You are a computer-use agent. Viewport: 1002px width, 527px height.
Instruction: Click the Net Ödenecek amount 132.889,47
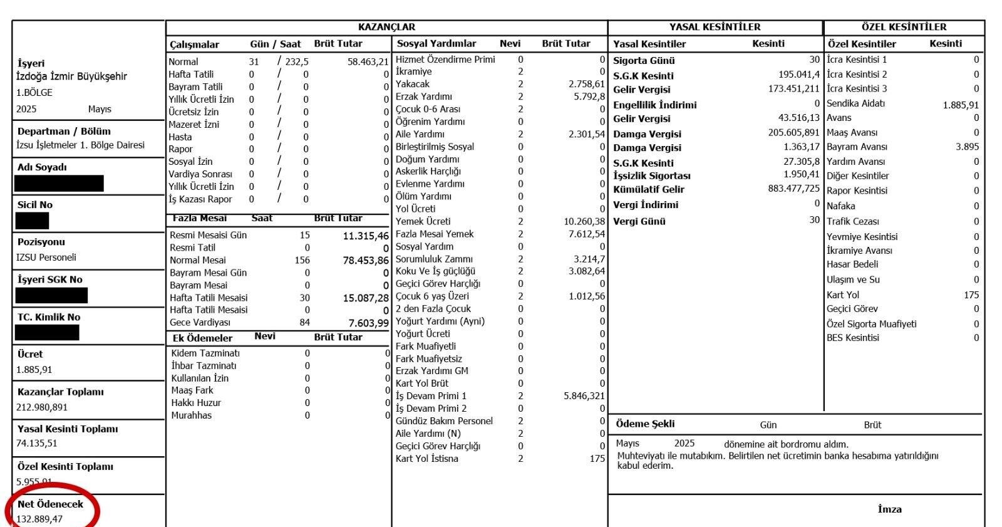point(39,519)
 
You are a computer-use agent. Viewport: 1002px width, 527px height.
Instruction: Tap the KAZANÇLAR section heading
point(386,27)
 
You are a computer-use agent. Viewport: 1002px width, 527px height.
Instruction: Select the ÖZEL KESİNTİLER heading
point(904,27)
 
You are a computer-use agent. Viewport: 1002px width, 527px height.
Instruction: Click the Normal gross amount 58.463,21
point(368,62)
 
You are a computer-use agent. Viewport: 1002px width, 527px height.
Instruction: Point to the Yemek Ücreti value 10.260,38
point(584,221)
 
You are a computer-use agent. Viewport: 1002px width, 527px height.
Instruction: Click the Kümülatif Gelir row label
point(649,189)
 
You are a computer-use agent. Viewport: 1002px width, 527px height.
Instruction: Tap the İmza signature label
point(889,509)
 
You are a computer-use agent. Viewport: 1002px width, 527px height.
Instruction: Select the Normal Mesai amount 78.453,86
point(366,260)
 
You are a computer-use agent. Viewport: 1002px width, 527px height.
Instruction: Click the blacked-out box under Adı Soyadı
point(59,184)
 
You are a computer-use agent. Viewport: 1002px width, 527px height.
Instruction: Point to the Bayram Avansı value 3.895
point(967,147)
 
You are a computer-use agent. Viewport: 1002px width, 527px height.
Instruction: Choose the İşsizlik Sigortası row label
point(652,175)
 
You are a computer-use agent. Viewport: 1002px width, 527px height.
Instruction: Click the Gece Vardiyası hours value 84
point(304,323)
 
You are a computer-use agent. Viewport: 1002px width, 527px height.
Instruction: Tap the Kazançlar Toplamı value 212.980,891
point(42,407)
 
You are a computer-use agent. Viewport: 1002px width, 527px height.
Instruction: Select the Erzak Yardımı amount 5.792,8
point(589,97)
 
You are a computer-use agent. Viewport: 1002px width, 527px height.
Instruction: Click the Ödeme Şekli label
point(645,424)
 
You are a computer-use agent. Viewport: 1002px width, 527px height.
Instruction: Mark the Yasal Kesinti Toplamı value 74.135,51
point(37,444)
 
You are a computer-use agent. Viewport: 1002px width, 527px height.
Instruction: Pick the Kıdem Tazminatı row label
point(205,353)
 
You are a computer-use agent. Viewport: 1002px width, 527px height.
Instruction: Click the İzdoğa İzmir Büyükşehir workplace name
point(71,76)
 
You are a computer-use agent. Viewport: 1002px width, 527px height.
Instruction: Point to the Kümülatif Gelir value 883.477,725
point(793,189)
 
